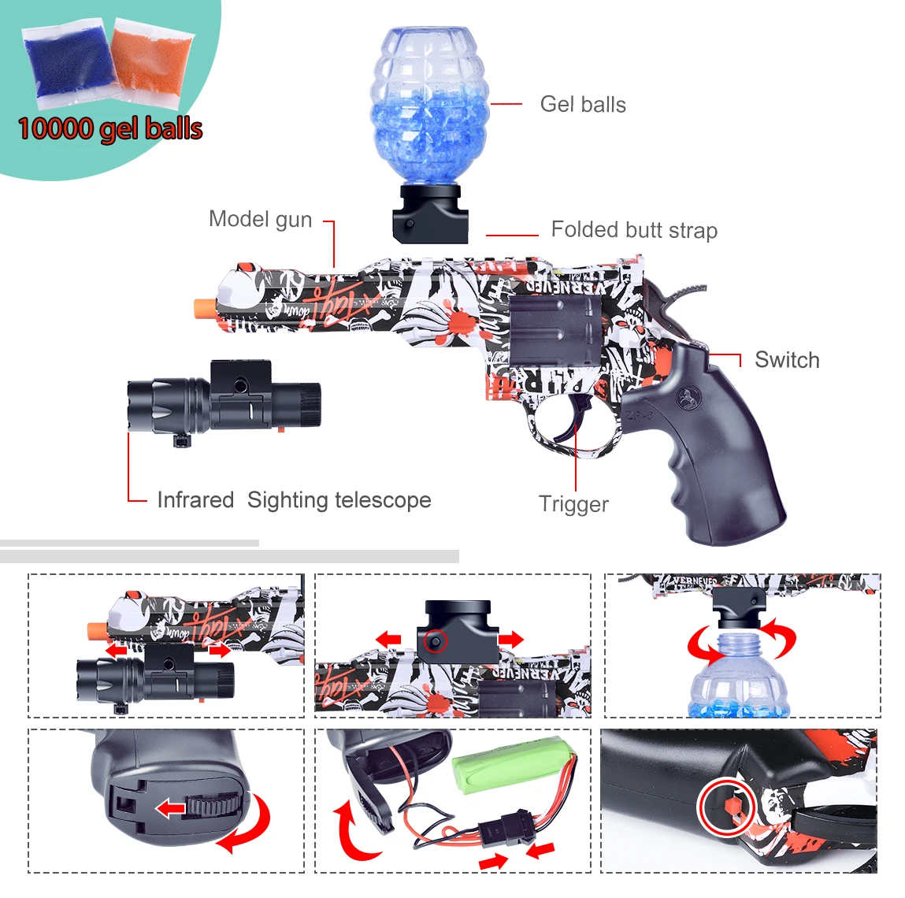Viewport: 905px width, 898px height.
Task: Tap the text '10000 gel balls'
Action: click(x=110, y=128)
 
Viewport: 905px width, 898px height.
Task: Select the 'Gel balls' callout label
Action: click(x=583, y=105)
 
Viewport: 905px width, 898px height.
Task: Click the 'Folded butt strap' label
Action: click(x=634, y=230)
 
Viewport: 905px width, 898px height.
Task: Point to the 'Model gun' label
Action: click(x=260, y=219)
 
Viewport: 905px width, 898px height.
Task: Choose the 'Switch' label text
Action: click(x=787, y=360)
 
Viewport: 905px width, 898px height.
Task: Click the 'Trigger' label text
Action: click(x=573, y=504)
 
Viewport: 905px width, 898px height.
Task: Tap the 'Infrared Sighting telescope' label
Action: click(x=294, y=500)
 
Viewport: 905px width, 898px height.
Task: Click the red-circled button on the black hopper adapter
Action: click(x=434, y=642)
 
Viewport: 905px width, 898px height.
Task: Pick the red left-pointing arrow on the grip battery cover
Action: click(x=169, y=808)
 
